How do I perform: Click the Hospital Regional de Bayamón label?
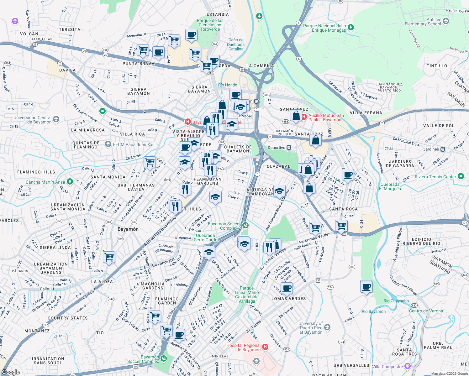244,347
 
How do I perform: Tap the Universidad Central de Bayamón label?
32,120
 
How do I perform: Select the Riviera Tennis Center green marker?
461,176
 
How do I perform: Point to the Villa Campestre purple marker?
407,366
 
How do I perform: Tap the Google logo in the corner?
10,372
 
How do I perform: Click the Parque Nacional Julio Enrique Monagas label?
324,28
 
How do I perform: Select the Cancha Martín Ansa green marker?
70,182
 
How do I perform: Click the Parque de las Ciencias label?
210,25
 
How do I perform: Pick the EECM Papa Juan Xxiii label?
134,144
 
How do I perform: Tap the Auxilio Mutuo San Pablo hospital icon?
304,117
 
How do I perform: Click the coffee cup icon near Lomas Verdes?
286,288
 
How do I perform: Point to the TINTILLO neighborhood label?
437,66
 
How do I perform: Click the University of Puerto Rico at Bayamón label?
310,328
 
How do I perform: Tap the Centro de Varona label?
426,311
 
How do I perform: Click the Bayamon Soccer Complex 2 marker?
245,225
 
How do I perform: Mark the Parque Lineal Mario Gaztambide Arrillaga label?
247,295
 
